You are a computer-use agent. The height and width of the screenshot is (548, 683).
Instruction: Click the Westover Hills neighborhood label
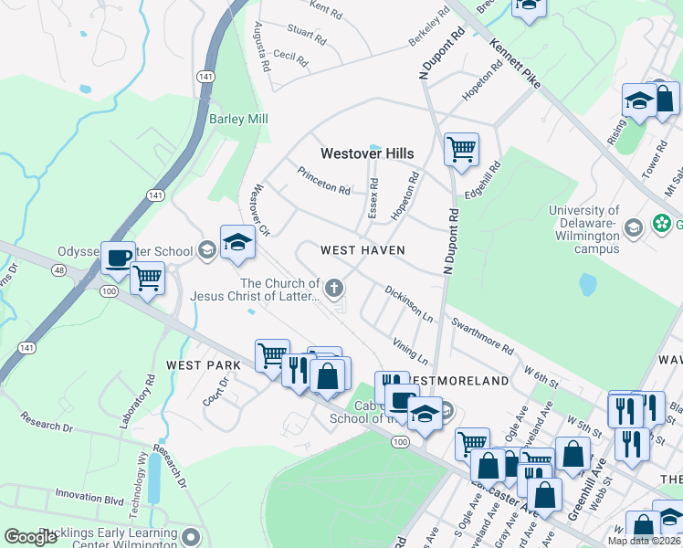[366, 153]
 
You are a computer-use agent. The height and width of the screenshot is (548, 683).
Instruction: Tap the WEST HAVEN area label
[362, 249]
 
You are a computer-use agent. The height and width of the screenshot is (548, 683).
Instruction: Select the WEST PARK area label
[204, 364]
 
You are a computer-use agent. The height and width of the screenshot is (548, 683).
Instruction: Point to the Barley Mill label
[238, 120]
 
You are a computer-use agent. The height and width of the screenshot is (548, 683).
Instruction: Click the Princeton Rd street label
[324, 181]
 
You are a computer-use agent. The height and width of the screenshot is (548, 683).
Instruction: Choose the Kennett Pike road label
[514, 63]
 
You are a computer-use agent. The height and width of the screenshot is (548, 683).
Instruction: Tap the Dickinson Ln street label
[408, 304]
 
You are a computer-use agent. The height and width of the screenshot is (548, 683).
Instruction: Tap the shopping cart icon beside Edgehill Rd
[461, 148]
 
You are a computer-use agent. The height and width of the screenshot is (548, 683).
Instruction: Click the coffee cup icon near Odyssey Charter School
[118, 258]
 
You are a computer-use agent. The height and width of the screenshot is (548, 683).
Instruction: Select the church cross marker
[335, 289]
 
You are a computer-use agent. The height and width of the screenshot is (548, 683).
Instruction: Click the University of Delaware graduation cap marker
[632, 227]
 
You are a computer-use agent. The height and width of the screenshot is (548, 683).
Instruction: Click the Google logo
[31, 537]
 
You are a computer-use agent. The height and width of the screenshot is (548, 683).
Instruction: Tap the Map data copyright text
[644, 541]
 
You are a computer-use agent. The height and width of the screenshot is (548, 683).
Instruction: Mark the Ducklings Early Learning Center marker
[190, 536]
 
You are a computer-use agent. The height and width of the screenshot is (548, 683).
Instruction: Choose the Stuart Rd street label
[306, 36]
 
